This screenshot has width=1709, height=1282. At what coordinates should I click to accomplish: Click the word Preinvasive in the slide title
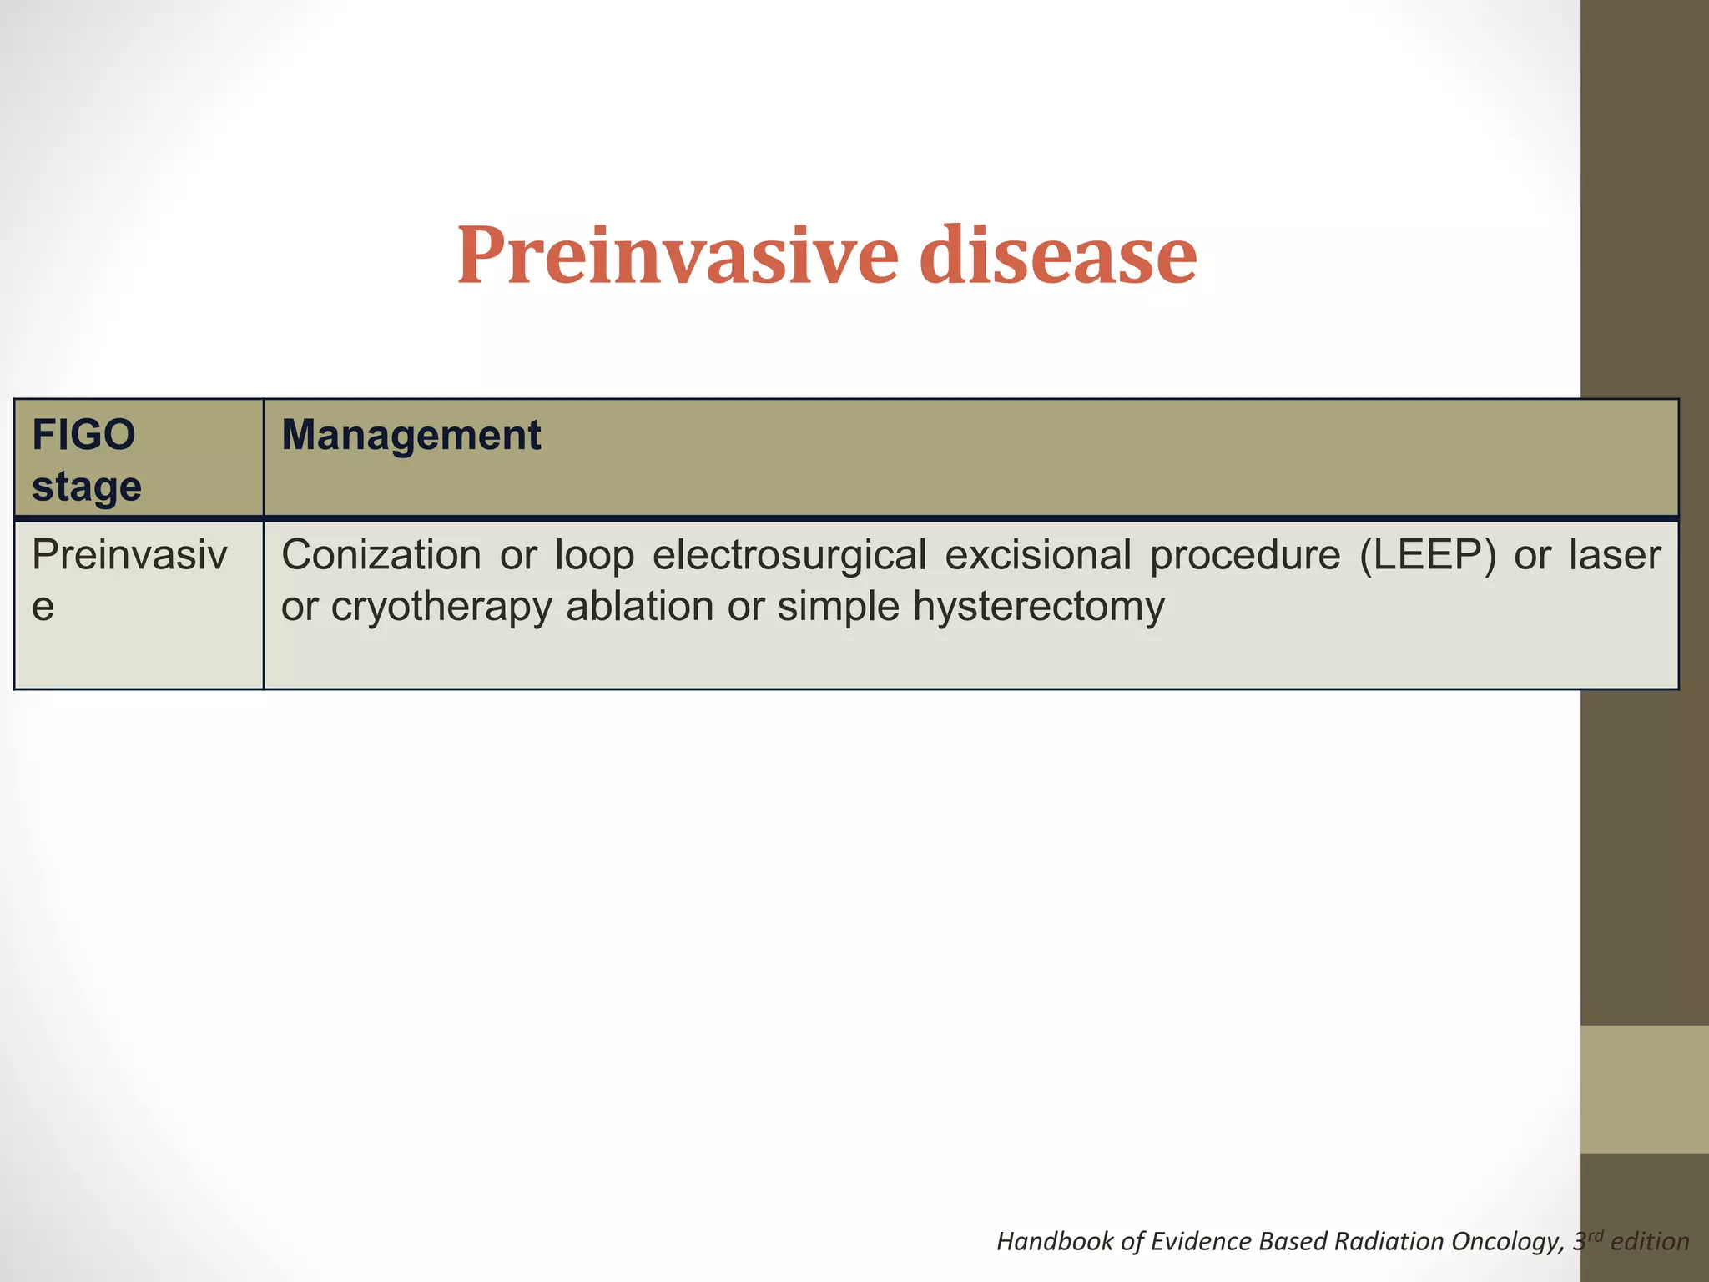(677, 255)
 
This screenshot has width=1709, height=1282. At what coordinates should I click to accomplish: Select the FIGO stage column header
(86, 460)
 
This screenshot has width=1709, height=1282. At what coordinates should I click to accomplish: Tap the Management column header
(411, 436)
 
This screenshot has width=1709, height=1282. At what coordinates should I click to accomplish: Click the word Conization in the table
(381, 555)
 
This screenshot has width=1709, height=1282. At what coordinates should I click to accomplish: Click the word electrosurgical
(789, 555)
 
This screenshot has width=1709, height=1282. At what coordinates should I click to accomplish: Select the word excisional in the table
(1037, 555)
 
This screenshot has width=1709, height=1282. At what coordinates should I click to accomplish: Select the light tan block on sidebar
(1644, 1089)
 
